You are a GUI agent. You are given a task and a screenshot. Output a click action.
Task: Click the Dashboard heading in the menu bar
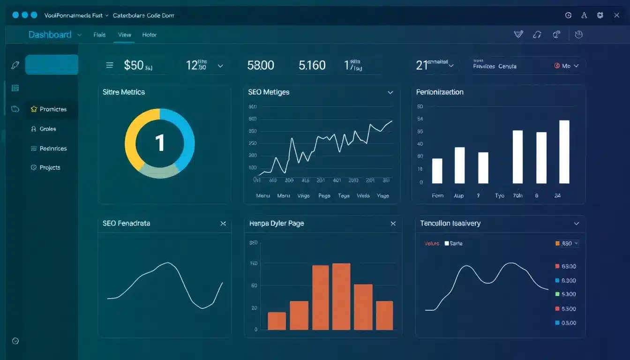tap(50, 35)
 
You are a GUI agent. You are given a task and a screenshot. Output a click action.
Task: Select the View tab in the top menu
tap(125, 35)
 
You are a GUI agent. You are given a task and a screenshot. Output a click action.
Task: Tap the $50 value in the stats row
tap(134, 65)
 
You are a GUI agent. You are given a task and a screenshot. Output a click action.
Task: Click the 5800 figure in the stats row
tap(261, 65)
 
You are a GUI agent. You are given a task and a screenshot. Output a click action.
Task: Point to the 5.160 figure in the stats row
tap(312, 65)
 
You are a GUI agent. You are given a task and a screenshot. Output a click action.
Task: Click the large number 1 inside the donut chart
tap(160, 143)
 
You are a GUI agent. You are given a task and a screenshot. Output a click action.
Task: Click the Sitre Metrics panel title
tap(124, 92)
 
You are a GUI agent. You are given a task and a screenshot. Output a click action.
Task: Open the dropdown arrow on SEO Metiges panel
tap(390, 93)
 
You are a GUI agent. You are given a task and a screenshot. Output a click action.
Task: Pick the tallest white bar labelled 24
tap(564, 151)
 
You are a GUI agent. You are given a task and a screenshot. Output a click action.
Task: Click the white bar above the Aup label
tap(460, 165)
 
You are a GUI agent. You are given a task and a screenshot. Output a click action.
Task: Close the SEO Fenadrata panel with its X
tap(223, 224)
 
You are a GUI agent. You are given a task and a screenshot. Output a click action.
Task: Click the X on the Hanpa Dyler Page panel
tap(393, 224)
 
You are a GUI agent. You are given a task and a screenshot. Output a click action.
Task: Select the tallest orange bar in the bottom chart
tap(341, 296)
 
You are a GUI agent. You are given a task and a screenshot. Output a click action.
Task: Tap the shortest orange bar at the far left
tap(277, 321)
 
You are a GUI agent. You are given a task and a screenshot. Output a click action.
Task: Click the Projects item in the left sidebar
tap(50, 168)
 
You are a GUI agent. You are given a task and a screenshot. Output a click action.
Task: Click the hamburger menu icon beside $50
tap(110, 66)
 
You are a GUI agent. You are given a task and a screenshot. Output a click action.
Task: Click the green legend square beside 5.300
tap(557, 294)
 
